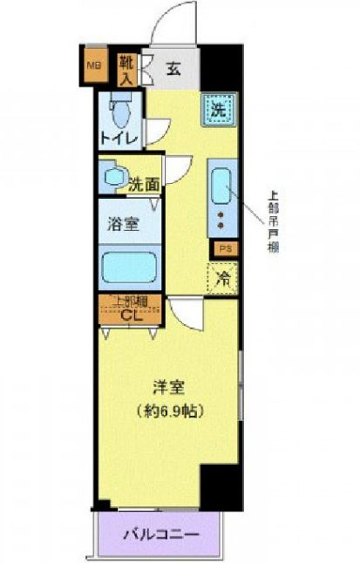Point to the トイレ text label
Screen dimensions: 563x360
click(x=118, y=138)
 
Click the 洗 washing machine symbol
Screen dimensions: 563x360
click(x=218, y=110)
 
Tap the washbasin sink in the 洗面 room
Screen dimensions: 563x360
click(x=112, y=177)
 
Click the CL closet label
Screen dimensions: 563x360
click(x=131, y=316)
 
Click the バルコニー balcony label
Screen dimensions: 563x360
click(x=161, y=533)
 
